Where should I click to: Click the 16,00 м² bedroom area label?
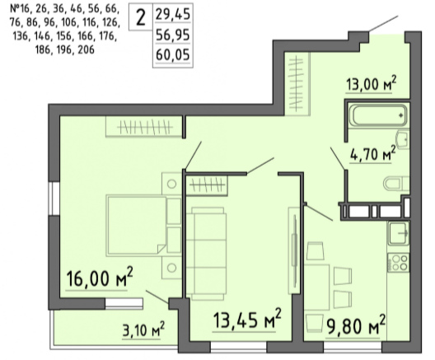coord(100,278)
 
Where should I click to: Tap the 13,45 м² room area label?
coord(247,319)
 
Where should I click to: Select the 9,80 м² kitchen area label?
coord(355,325)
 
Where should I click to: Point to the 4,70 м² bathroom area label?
coord(372,154)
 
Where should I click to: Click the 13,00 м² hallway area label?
coord(372,83)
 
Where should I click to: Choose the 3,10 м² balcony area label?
coord(143,330)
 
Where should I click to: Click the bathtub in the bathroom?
coord(378,115)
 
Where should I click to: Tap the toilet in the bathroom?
coord(396,184)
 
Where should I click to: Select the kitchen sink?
coord(399,233)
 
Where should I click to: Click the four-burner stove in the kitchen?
coord(399,262)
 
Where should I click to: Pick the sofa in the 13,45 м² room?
coord(206,253)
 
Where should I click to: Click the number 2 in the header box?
coord(141,17)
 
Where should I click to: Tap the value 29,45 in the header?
coord(173,14)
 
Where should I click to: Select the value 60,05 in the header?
coord(173,54)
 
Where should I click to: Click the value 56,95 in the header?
coord(173,35)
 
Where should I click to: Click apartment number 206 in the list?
coord(87,50)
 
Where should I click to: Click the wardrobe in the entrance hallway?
coord(297,84)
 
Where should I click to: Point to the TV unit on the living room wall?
coord(294,250)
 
